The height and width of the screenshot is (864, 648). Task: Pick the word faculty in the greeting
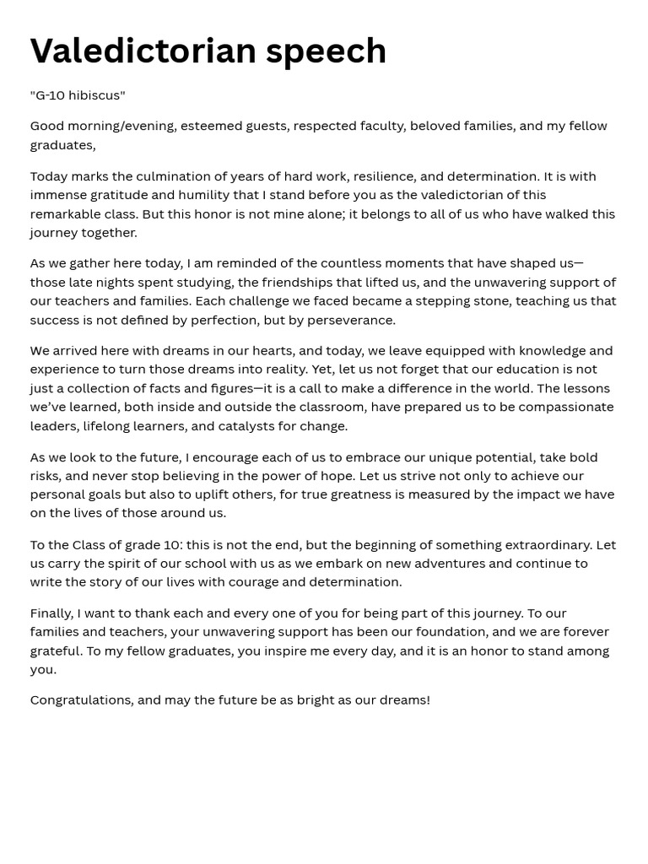[376, 126]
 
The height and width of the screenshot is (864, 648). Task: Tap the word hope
[332, 476]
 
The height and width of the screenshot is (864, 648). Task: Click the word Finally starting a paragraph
[51, 613]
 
